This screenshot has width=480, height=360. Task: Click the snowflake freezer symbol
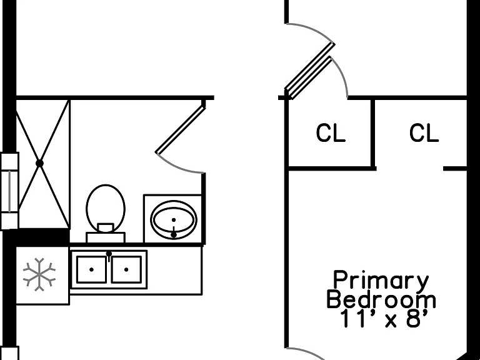pyautogui.click(x=39, y=274)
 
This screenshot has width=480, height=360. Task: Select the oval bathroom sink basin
pyautogui.click(x=174, y=220)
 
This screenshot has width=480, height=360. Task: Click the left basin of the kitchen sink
pyautogui.click(x=91, y=269)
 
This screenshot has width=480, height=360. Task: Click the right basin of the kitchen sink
pyautogui.click(x=126, y=269)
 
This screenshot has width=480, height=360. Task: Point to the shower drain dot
pyautogui.click(x=39, y=164)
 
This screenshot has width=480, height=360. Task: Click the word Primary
pyautogui.click(x=381, y=281)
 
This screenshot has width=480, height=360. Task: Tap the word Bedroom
pyautogui.click(x=381, y=299)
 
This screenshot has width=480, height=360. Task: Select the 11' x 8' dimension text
pyautogui.click(x=383, y=319)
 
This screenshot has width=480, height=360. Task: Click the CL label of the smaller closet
pyautogui.click(x=331, y=133)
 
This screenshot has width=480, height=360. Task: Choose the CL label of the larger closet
pyautogui.click(x=424, y=133)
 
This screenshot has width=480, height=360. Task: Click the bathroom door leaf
pyautogui.click(x=181, y=129)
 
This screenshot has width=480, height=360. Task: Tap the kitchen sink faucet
pyautogui.click(x=109, y=256)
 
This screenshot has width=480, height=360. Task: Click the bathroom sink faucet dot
pyautogui.click(x=174, y=235)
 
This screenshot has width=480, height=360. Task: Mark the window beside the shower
pyautogui.click(x=9, y=191)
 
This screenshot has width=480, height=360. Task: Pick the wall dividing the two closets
pyautogui.click(x=373, y=134)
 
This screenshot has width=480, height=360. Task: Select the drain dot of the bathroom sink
pyautogui.click(x=174, y=220)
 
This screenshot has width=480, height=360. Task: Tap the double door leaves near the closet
pyautogui.click(x=309, y=71)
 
